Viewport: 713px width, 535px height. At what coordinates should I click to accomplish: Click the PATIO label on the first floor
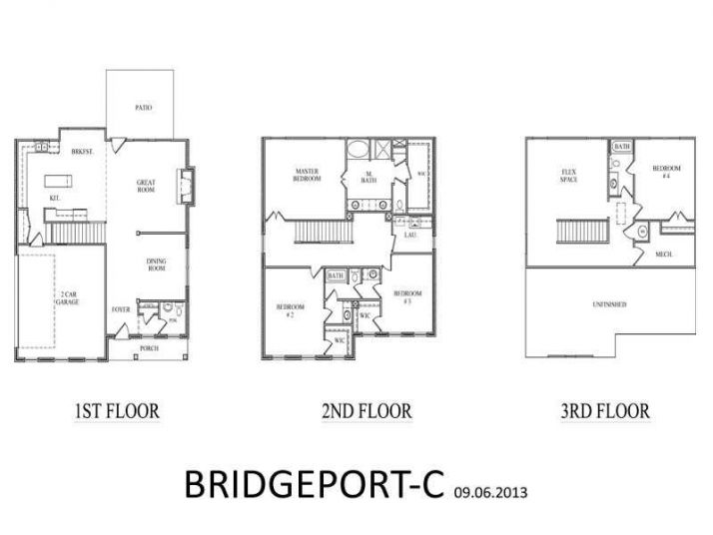pos(143,107)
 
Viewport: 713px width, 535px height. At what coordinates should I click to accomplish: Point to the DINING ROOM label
pos(157,266)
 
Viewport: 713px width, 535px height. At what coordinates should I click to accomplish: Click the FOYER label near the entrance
pos(121,309)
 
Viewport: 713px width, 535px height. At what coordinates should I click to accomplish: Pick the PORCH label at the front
pos(149,348)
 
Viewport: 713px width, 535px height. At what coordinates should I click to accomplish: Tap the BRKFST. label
pos(83,152)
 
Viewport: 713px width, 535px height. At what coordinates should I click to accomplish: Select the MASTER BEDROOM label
pos(307,175)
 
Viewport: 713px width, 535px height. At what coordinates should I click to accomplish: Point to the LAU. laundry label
pos(410,236)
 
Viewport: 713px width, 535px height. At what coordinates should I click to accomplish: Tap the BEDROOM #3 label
pos(402,295)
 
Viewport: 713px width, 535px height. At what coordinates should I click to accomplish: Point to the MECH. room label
pos(664,255)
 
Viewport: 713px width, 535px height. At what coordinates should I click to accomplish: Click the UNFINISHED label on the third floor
pos(609,303)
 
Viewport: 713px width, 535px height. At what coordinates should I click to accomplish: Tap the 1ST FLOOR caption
pos(117,411)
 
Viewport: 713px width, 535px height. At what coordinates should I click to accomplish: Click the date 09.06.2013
pos(489,492)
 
